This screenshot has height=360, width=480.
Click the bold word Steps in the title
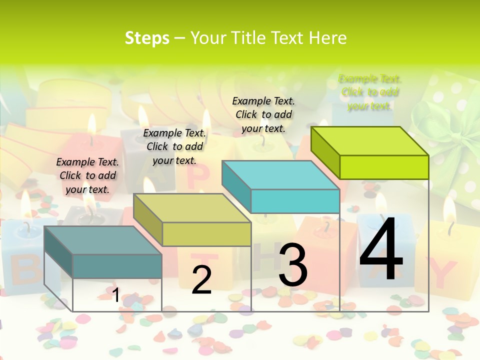[x=146, y=38]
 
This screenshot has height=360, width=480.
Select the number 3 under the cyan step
[x=293, y=265]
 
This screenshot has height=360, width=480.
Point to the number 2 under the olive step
[x=202, y=280]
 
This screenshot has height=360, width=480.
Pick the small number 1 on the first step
[x=115, y=295]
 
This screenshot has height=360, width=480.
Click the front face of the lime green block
[x=384, y=167]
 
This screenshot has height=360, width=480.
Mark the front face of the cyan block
[x=295, y=201]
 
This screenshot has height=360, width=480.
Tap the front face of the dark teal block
[x=117, y=266]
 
